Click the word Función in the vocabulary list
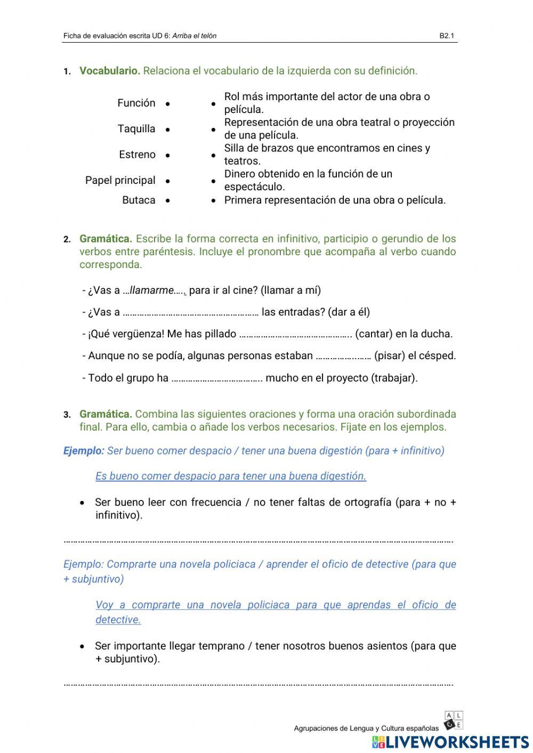[x=136, y=103]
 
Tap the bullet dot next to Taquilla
[x=167, y=129]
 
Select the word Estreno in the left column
[x=137, y=155]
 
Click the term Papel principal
[x=120, y=180]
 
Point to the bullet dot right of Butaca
[x=167, y=201]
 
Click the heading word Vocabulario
[x=109, y=71]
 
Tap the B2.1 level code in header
[x=446, y=36]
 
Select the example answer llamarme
[x=152, y=290]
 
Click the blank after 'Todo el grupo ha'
[x=217, y=379]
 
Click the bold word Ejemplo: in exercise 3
[x=84, y=451]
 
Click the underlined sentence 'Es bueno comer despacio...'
[x=231, y=476]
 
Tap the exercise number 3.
[x=67, y=415]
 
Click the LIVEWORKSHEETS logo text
[x=457, y=742]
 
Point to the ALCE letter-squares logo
[x=453, y=720]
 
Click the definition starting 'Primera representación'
[x=334, y=200]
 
